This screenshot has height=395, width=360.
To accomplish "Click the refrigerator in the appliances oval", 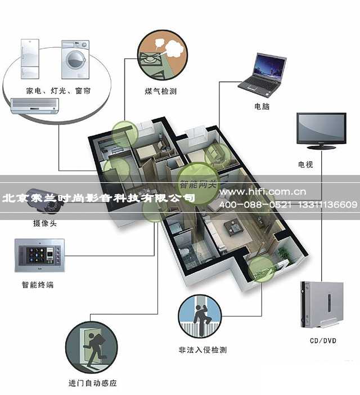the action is tap(30, 59).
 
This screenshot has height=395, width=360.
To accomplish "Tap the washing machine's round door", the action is tap(75, 60).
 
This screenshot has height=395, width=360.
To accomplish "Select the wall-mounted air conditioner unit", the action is tap(34, 106).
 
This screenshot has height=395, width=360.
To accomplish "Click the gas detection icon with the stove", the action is tap(163, 55).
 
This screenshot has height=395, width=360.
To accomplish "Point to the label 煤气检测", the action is tap(161, 91).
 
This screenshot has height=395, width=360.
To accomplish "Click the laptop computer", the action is tap(262, 75).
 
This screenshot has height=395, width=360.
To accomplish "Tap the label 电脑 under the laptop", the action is tap(262, 106).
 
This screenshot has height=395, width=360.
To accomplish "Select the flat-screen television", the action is tap(322, 131).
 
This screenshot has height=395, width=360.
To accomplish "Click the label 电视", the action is tap(305, 164).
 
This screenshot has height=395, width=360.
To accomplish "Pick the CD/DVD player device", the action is tap(322, 305).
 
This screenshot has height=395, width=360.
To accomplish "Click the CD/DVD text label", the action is tap(323, 341).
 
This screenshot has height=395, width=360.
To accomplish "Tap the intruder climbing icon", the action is tap(200, 316).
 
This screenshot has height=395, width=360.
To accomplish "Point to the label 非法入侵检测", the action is tap(202, 350).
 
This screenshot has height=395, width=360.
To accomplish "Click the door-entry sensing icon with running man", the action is tap(91, 348).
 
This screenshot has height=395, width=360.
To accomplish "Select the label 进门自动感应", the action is tap(93, 383).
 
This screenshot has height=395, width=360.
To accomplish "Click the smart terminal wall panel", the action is tap(39, 255).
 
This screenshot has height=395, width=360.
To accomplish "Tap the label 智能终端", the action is tap(38, 285).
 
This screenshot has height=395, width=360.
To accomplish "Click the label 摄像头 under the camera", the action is tap(45, 223).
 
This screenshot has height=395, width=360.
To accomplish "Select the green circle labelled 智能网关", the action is tap(198, 183).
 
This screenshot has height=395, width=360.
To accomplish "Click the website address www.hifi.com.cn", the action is tap(263, 192).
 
